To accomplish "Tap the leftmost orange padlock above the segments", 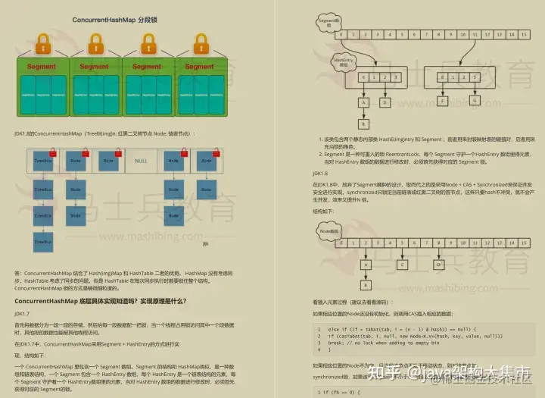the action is (45, 46).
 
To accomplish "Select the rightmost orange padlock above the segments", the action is (198, 46).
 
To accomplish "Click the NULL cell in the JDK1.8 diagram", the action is (140, 161).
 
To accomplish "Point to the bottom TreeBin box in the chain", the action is (43, 240).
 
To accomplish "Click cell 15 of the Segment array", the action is (522, 34).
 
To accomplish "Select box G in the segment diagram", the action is (475, 100).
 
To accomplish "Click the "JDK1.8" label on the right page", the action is (320, 173).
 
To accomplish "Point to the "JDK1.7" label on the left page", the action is (22, 314).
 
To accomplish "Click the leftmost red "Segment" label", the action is (42, 67).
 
